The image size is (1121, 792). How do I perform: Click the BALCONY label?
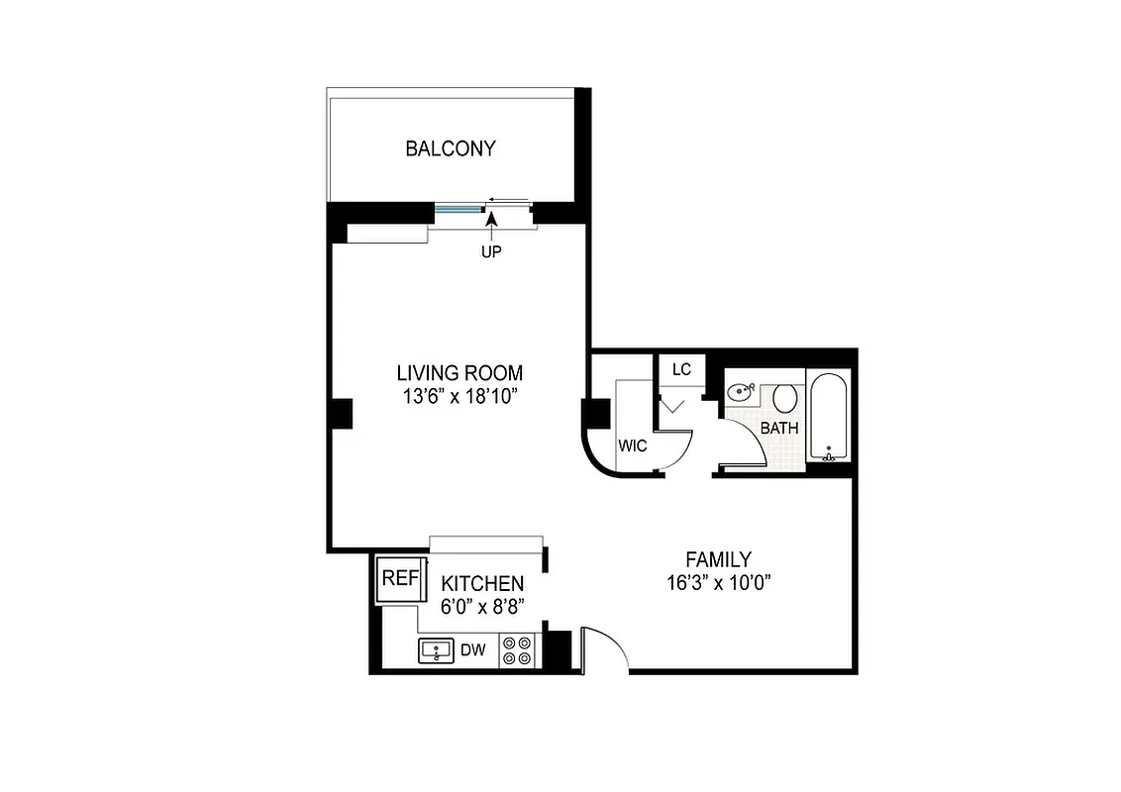[451, 149]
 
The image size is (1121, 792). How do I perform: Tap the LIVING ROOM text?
[459, 373]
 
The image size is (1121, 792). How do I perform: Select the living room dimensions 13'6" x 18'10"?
[459, 397]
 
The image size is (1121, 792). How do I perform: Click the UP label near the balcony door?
[491, 252]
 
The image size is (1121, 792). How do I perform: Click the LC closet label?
[681, 370]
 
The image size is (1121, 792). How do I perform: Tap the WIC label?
[632, 446]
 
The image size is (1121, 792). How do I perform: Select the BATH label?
[779, 429]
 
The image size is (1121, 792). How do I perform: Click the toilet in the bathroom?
[785, 398]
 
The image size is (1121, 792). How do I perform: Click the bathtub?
[828, 416]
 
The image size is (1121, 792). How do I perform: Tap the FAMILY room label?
[719, 559]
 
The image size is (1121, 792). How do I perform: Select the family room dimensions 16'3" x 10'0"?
[719, 583]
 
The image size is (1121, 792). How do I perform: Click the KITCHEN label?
[482, 583]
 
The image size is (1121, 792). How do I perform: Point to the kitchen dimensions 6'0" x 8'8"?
[482, 608]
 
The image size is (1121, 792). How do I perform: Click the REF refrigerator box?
[400, 579]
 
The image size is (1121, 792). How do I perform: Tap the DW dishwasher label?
[474, 650]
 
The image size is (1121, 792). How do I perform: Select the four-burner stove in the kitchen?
[517, 649]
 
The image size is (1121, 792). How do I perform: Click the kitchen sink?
[436, 650]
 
